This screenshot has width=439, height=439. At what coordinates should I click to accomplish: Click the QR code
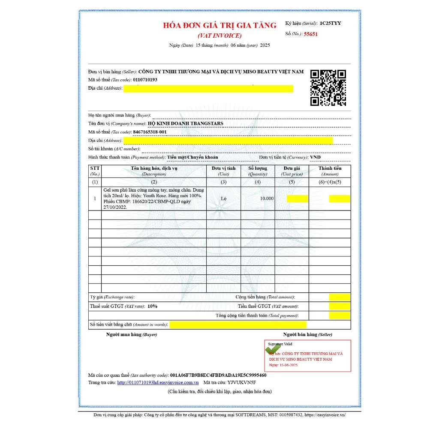(x=328, y=87)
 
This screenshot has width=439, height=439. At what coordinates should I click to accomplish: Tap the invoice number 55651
(x=311, y=34)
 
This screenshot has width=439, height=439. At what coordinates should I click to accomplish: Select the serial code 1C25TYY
(x=330, y=23)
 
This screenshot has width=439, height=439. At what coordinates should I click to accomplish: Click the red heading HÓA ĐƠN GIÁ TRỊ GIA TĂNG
(x=219, y=25)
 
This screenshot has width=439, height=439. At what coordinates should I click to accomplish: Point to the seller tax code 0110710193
(x=145, y=80)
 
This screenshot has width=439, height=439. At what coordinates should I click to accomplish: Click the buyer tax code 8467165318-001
(x=150, y=132)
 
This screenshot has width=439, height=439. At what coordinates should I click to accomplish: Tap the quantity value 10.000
(x=267, y=198)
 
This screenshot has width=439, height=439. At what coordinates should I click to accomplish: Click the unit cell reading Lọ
(x=224, y=198)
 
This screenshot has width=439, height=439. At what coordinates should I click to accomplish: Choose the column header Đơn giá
(x=292, y=168)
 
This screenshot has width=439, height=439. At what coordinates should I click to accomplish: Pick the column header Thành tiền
(x=330, y=168)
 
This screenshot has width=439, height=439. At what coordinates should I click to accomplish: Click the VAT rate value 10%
(x=152, y=306)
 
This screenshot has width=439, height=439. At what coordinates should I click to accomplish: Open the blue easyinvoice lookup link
(x=158, y=382)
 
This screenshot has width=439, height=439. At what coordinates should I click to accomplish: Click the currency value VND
(x=315, y=157)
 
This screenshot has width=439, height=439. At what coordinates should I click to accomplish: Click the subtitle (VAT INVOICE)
(x=219, y=36)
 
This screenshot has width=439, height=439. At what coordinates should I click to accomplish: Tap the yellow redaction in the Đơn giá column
(x=297, y=198)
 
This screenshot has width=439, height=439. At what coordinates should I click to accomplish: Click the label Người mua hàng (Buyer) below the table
(x=131, y=334)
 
